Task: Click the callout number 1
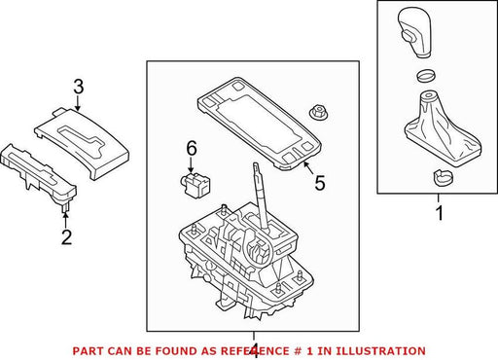pyautogui.click(x=440, y=213)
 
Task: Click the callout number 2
pyautogui.click(x=66, y=237)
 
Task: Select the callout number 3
pyautogui.click(x=79, y=87)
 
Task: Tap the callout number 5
pyautogui.click(x=320, y=183)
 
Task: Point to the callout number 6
pyautogui.click(x=192, y=149)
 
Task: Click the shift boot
pyautogui.click(x=442, y=128)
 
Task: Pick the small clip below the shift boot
pyautogui.click(x=443, y=177)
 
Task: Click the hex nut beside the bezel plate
pyautogui.click(x=318, y=113)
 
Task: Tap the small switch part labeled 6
pyautogui.click(x=196, y=184)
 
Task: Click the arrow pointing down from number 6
pyautogui.click(x=191, y=164)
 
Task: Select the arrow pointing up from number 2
pyautogui.click(x=65, y=219)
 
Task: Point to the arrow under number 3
pyautogui.click(x=78, y=103)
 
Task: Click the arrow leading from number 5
pyautogui.click(x=308, y=167)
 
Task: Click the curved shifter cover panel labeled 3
pyautogui.click(x=82, y=144)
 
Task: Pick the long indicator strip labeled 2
pyautogui.click(x=38, y=174)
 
